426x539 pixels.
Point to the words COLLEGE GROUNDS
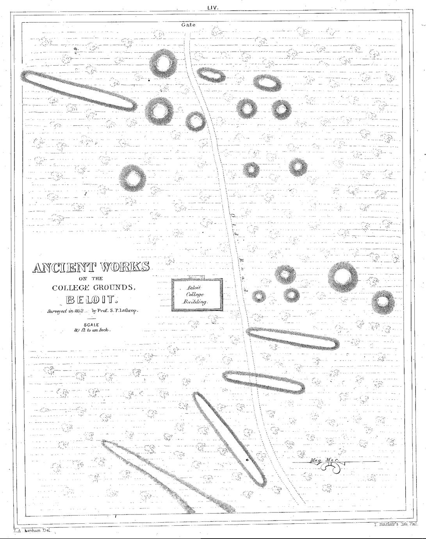[x=94, y=288]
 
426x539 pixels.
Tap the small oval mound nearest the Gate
[x=211, y=75]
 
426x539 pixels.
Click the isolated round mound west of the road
[x=132, y=178]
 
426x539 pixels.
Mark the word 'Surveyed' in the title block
[x=57, y=311]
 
